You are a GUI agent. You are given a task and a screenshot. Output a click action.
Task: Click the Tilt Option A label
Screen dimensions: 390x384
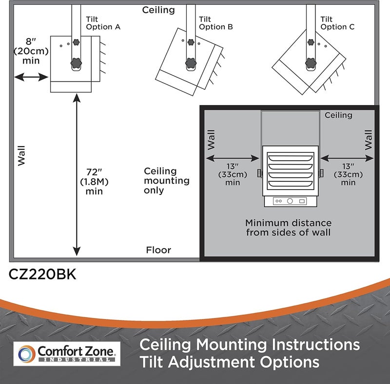click(x=102, y=23)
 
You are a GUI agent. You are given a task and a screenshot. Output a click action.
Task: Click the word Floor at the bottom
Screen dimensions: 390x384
click(x=158, y=250)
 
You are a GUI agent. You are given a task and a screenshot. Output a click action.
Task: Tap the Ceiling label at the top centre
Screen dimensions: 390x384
click(x=158, y=10)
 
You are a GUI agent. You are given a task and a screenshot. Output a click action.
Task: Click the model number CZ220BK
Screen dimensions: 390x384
click(x=42, y=275)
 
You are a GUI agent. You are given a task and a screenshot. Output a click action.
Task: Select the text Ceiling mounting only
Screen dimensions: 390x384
click(x=160, y=181)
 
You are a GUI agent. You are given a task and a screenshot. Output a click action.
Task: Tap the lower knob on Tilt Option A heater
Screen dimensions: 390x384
click(x=76, y=63)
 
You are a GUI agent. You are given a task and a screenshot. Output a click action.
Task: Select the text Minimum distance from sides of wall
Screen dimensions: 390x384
click(x=288, y=227)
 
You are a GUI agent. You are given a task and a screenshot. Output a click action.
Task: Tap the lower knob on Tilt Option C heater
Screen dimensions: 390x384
click(x=310, y=63)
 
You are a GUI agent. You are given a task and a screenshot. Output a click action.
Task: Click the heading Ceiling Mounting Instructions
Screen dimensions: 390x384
click(x=250, y=344)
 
